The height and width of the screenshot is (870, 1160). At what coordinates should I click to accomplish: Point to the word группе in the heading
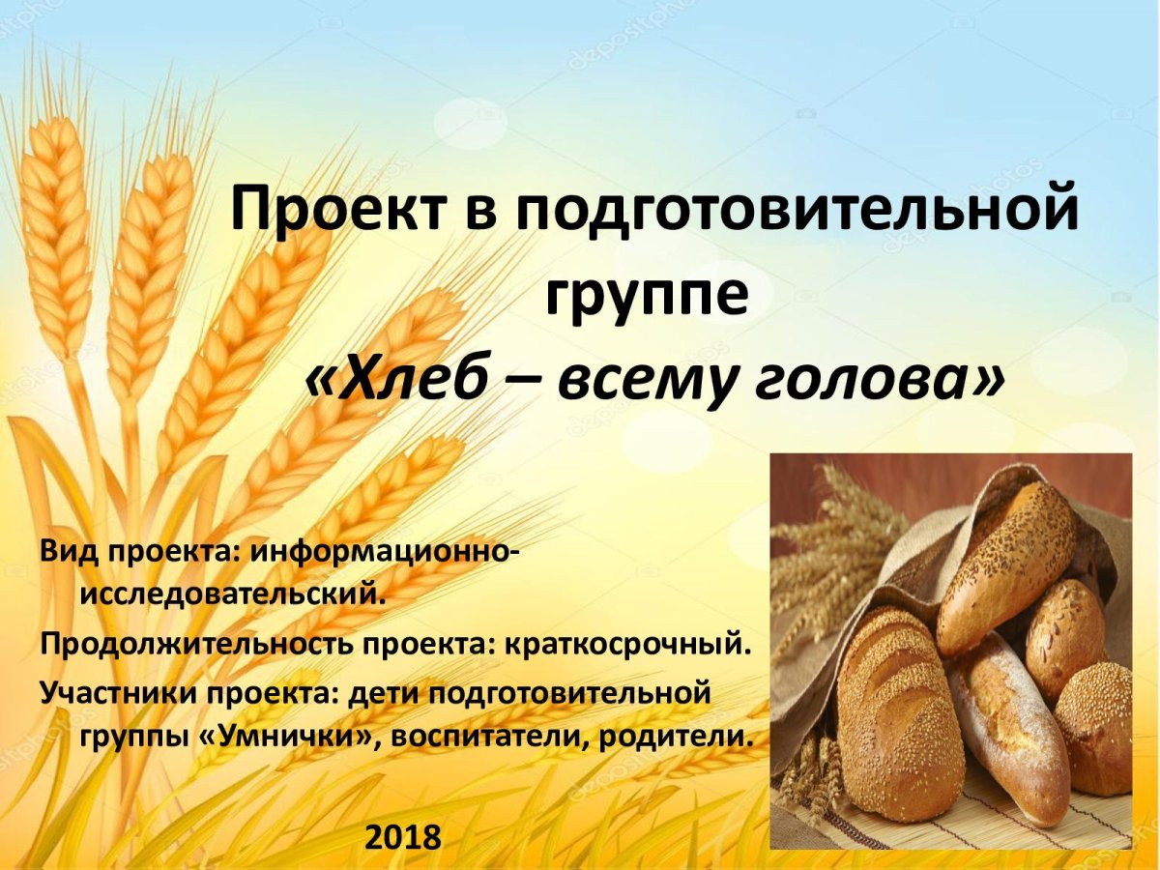[646, 295]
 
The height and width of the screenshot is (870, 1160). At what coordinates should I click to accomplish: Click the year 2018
[402, 836]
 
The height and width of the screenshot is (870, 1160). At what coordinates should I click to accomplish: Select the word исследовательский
[232, 593]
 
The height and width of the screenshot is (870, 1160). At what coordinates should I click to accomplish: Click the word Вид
[68, 553]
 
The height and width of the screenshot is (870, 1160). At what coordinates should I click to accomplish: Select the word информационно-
[387, 553]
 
